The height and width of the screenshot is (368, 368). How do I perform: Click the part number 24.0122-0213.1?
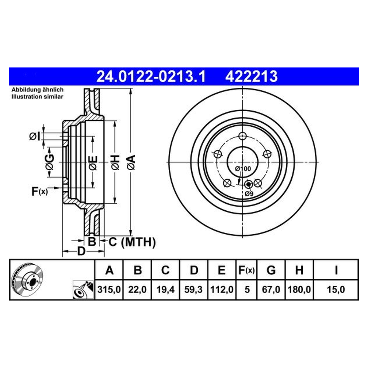[151, 76]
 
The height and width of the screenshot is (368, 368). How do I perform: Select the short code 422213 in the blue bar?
[251, 76]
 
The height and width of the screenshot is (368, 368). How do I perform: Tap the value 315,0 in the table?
[109, 289]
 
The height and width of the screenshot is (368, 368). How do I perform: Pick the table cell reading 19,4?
[165, 289]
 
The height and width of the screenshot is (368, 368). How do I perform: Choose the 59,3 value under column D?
[194, 289]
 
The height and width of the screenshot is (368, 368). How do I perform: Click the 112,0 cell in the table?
[222, 289]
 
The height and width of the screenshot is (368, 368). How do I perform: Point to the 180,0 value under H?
[299, 289]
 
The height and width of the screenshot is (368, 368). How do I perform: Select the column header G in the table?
[271, 270]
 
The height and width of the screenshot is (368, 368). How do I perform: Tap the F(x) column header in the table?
[247, 270]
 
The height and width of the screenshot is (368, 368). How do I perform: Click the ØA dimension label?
[132, 163]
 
